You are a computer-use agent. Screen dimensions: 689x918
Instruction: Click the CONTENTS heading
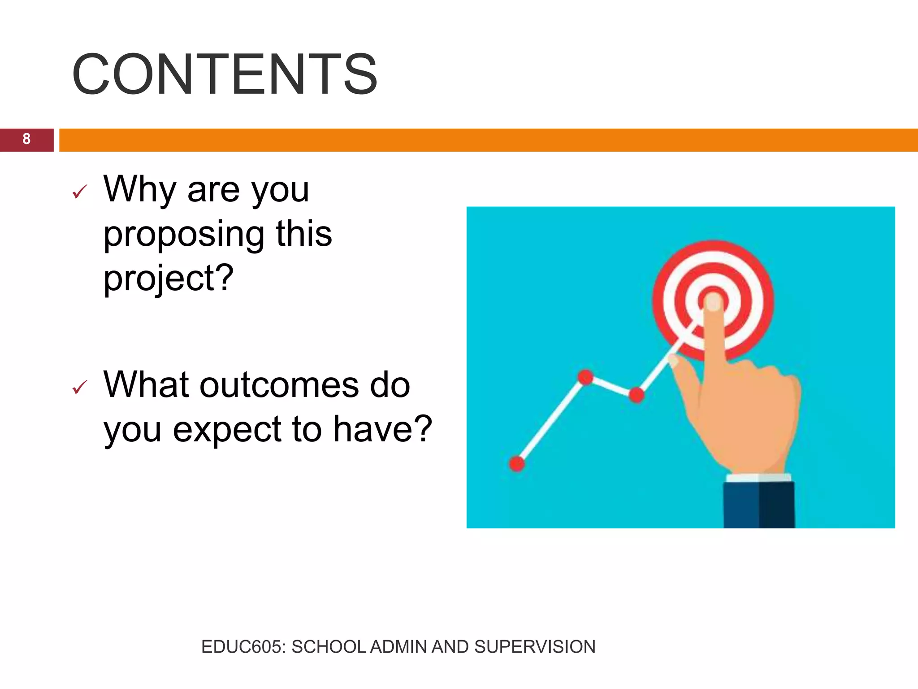224,74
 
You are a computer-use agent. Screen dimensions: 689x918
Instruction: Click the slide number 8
26,140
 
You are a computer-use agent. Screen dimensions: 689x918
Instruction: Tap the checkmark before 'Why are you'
79,192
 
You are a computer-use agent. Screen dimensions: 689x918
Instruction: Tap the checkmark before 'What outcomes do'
79,387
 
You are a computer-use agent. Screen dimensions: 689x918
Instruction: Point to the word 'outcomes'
279,385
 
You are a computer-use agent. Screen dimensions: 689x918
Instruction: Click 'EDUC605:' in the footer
243,647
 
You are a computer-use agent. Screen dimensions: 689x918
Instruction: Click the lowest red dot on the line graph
517,464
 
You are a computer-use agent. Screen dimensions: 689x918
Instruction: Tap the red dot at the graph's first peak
585,377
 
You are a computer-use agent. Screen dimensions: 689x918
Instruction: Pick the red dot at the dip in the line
637,395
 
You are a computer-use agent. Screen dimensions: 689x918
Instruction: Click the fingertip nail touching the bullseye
713,302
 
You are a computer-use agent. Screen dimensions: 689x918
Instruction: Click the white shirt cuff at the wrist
758,478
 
